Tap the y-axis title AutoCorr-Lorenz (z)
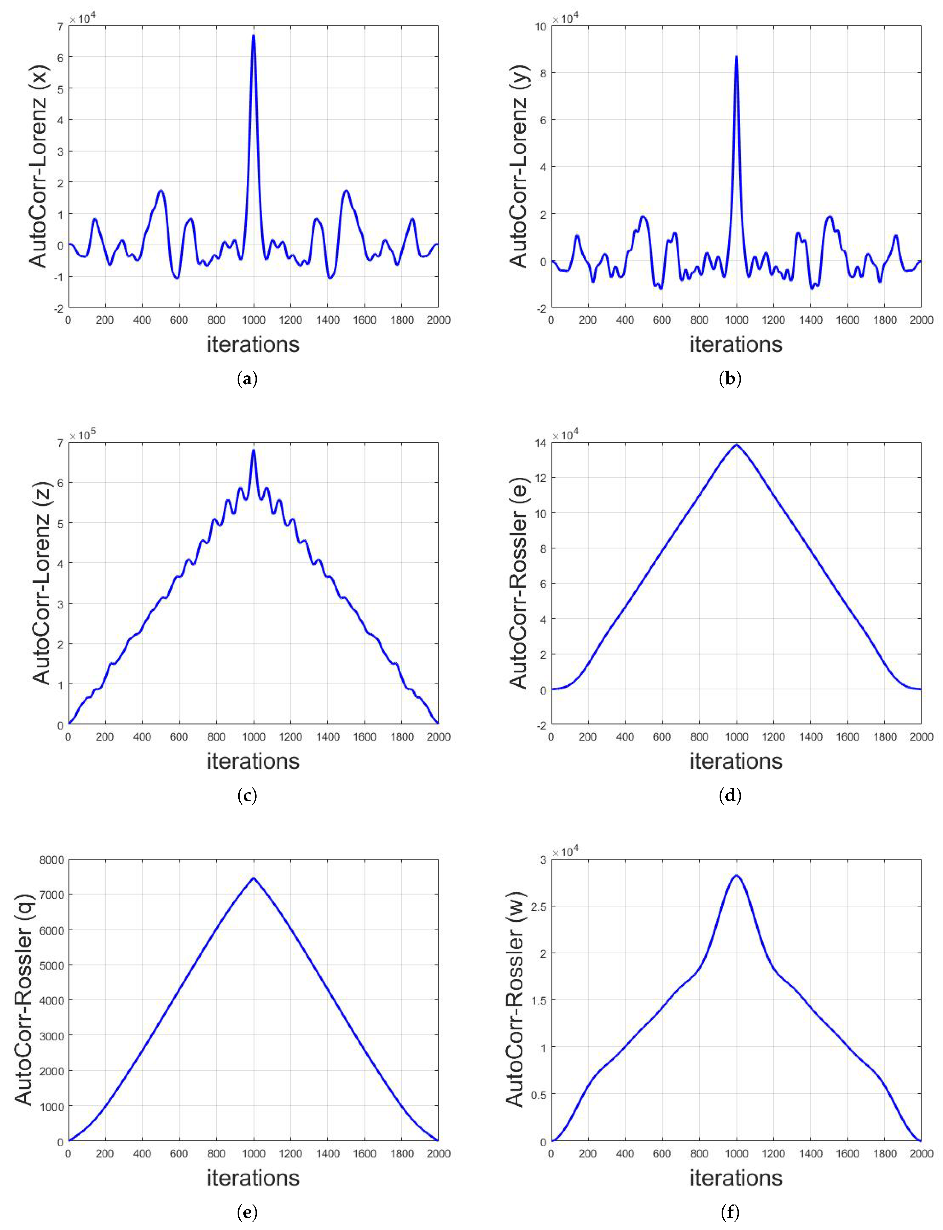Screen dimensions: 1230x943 pyautogui.click(x=40, y=583)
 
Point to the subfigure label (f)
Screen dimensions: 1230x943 pyautogui.click(x=730, y=1213)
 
